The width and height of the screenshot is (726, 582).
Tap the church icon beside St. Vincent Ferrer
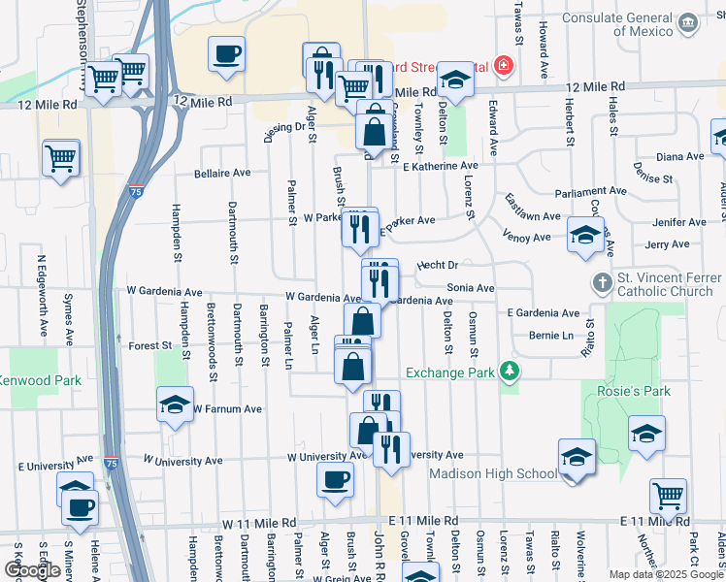point(602,282)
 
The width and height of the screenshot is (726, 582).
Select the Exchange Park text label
point(450,372)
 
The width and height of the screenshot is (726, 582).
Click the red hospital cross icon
point(503,66)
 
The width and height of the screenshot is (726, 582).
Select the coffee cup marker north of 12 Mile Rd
point(226,53)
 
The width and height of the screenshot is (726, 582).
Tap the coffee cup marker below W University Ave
point(336,479)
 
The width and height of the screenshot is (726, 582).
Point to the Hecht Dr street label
point(437,264)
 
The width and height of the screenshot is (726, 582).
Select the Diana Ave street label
point(679,156)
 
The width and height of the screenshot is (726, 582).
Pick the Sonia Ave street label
point(471,288)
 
